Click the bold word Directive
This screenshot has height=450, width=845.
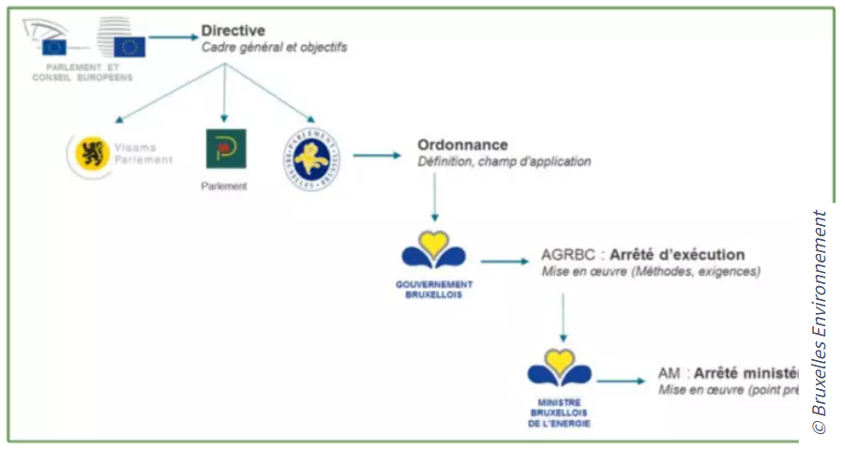click(233, 31)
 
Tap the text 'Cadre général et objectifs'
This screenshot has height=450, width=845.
click(274, 47)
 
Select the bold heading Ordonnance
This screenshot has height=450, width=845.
click(462, 145)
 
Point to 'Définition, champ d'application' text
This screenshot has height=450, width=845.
click(505, 161)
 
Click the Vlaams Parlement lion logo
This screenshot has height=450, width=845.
click(91, 155)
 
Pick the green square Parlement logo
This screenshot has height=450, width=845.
click(226, 149)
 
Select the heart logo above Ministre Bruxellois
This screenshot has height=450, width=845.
click(559, 367)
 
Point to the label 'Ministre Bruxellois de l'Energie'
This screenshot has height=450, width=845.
click(559, 412)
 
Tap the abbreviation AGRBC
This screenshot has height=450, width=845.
click(568, 255)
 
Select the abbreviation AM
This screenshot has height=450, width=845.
click(670, 373)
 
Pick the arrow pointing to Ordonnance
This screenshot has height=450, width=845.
click(376, 155)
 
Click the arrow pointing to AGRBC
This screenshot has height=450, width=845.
click(505, 262)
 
